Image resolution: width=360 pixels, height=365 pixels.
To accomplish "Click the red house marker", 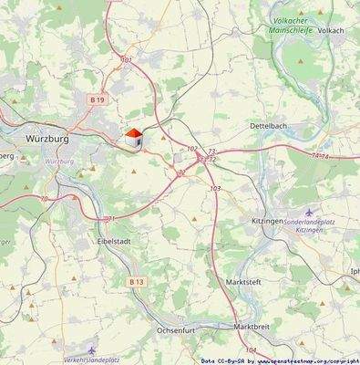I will coord(134,137).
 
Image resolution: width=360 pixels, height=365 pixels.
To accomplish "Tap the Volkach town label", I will coord(331,29).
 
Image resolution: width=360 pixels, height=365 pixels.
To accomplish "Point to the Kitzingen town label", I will coord(268,222).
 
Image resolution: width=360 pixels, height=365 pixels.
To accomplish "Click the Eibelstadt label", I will coord(117,242).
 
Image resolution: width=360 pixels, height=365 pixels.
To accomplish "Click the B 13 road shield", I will coord(137,283).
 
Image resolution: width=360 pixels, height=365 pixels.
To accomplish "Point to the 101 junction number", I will coord(127,59).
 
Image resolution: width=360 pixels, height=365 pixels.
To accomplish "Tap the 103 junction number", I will coord(215,188).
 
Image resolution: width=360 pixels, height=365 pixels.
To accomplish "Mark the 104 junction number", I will coord(251,349).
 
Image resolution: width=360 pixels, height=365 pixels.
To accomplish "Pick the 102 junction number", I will coord(191,148).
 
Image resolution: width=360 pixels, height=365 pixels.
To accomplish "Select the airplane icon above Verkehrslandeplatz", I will coord(92,348).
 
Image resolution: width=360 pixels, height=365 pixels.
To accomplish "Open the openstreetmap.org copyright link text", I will coord(306,360).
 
